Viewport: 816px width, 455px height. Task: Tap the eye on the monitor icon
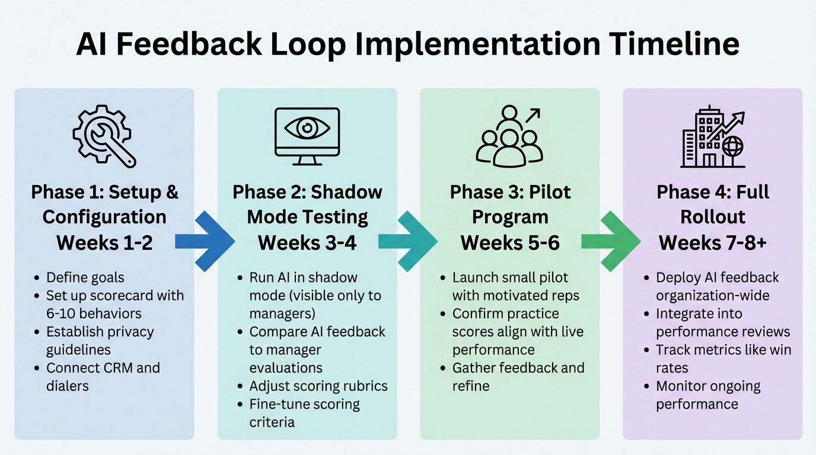pyautogui.click(x=307, y=128)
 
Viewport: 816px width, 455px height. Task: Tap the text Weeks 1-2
pyautogui.click(x=104, y=242)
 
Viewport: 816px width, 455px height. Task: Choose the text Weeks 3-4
pyautogui.click(x=307, y=242)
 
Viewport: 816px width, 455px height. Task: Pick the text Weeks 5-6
pyautogui.click(x=510, y=242)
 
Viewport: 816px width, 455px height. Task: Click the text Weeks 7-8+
pyautogui.click(x=713, y=242)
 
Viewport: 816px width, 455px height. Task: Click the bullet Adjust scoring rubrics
pyautogui.click(x=318, y=386)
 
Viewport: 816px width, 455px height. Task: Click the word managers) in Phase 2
pyautogui.click(x=282, y=313)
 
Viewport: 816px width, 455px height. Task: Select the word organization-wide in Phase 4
pyautogui.click(x=717, y=296)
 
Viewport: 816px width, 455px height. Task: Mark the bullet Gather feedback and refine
pyautogui.click(x=517, y=377)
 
